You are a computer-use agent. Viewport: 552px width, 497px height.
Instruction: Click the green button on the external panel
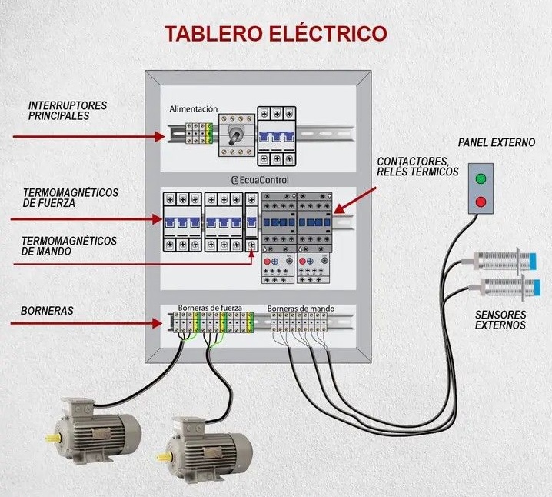pos(481,178)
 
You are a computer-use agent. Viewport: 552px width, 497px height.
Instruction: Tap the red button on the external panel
pos(481,202)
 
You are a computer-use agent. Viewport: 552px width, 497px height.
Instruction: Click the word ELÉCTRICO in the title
pos(328,33)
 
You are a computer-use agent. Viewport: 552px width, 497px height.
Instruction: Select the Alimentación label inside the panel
pos(193,108)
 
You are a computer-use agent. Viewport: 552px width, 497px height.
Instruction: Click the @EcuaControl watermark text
pos(260,180)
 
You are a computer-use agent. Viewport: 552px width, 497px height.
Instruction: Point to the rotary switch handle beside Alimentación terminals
pos(234,135)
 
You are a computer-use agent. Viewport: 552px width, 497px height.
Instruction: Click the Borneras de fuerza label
pos(210,308)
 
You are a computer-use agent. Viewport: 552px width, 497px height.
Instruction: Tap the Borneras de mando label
pos(301,309)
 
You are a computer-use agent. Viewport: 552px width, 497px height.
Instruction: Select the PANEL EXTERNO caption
pos(497,142)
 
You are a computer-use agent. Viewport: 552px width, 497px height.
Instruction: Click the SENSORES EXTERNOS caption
pos(500,320)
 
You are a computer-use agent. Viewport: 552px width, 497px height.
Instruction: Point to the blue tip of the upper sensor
pos(532,262)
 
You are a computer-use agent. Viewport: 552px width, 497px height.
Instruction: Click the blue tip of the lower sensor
pos(536,288)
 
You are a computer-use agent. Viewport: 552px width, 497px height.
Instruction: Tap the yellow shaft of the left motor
pos(53,438)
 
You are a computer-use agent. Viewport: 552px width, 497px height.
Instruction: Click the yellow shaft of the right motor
pos(164,457)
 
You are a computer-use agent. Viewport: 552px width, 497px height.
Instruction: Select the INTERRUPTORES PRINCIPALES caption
pos(67,111)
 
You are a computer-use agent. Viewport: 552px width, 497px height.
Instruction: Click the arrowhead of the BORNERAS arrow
pos(158,323)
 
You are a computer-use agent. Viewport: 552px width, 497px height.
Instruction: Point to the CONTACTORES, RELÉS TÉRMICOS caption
pos(417,167)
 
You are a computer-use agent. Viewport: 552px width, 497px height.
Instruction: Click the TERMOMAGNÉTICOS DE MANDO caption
pos(68,246)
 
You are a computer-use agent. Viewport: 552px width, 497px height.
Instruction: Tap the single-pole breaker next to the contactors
pos(251,222)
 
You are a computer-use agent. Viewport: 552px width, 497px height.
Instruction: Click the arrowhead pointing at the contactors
pos(338,209)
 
